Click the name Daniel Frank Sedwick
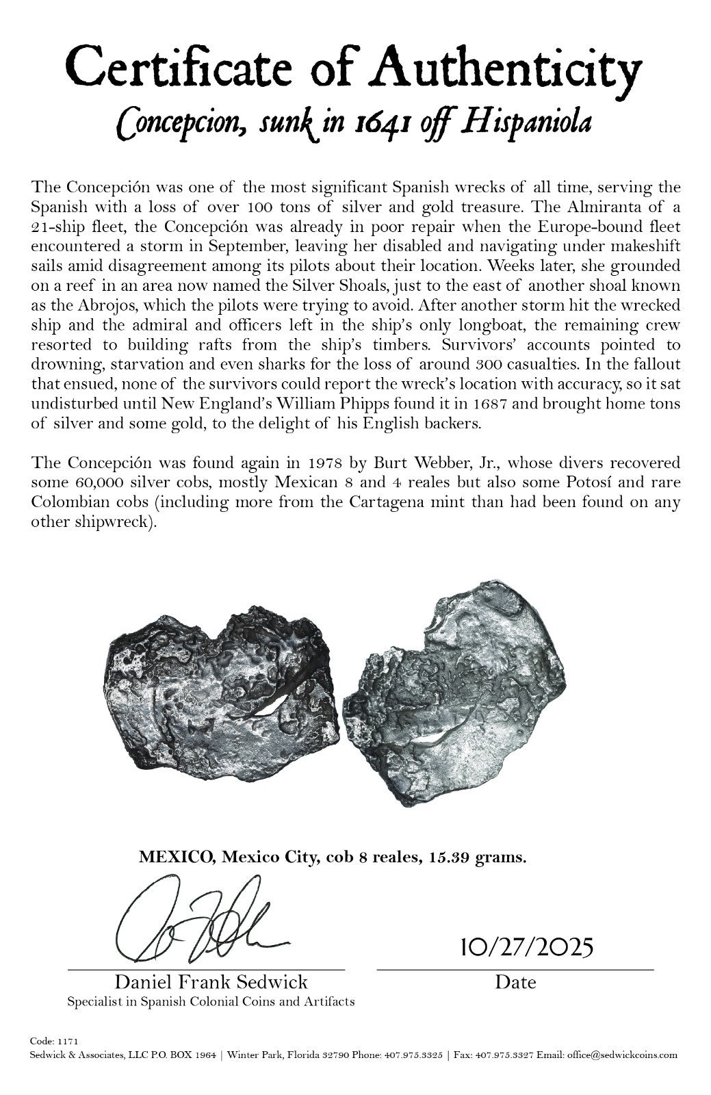pyautogui.click(x=211, y=982)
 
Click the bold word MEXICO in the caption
pyautogui.click(x=173, y=858)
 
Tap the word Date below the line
pyautogui.click(x=515, y=982)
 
